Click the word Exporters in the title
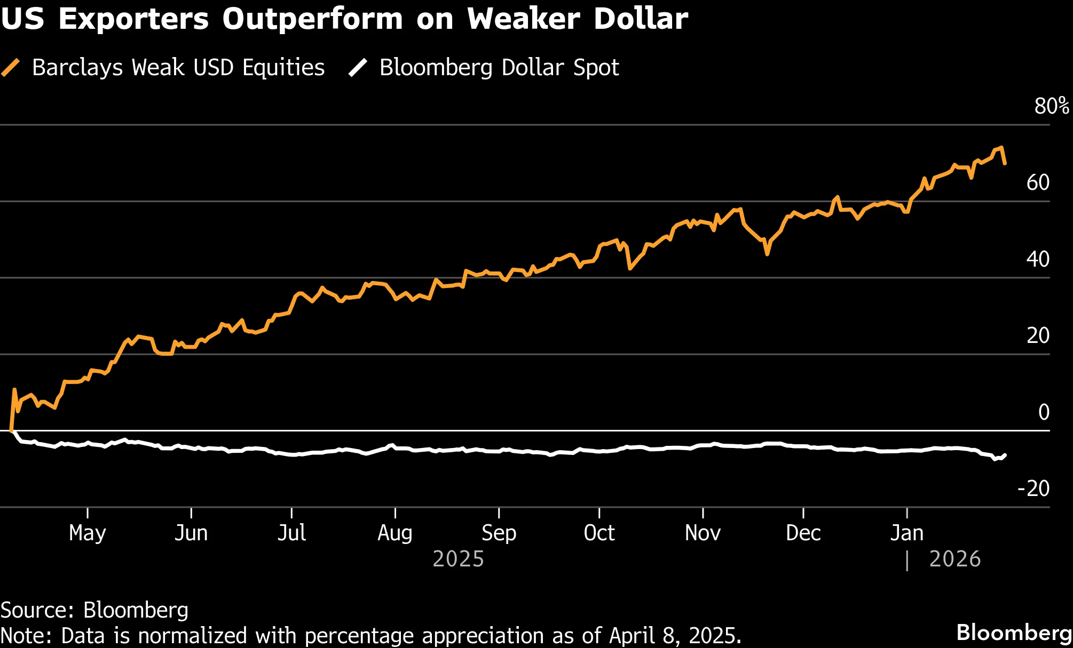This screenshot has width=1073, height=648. pos(133,19)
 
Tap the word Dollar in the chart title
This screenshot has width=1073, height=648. pos(641,19)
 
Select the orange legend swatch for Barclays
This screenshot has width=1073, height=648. pos(11,68)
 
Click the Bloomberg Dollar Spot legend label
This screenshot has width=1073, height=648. pos(499,68)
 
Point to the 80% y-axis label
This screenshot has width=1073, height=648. pos(1051,106)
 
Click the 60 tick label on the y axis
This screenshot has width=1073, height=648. pos(1038,183)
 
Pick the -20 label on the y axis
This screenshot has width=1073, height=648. pos(1033,489)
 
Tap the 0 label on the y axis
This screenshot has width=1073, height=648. pos(1044,412)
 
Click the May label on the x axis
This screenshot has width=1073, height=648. pos(88,533)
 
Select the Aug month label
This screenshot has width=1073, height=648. pos(395,533)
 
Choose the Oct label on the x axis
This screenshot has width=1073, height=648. pos(599,533)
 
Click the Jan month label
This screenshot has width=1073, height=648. pos(906,533)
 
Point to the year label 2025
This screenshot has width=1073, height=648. pos(458,559)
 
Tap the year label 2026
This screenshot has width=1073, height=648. pos(954,559)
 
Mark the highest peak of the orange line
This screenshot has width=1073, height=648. pos(1001,148)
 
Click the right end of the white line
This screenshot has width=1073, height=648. pos(1005,455)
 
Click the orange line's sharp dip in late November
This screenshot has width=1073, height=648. pos(767,254)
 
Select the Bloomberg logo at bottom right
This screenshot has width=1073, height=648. pos(1013,633)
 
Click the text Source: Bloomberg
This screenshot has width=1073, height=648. pos(94,610)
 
